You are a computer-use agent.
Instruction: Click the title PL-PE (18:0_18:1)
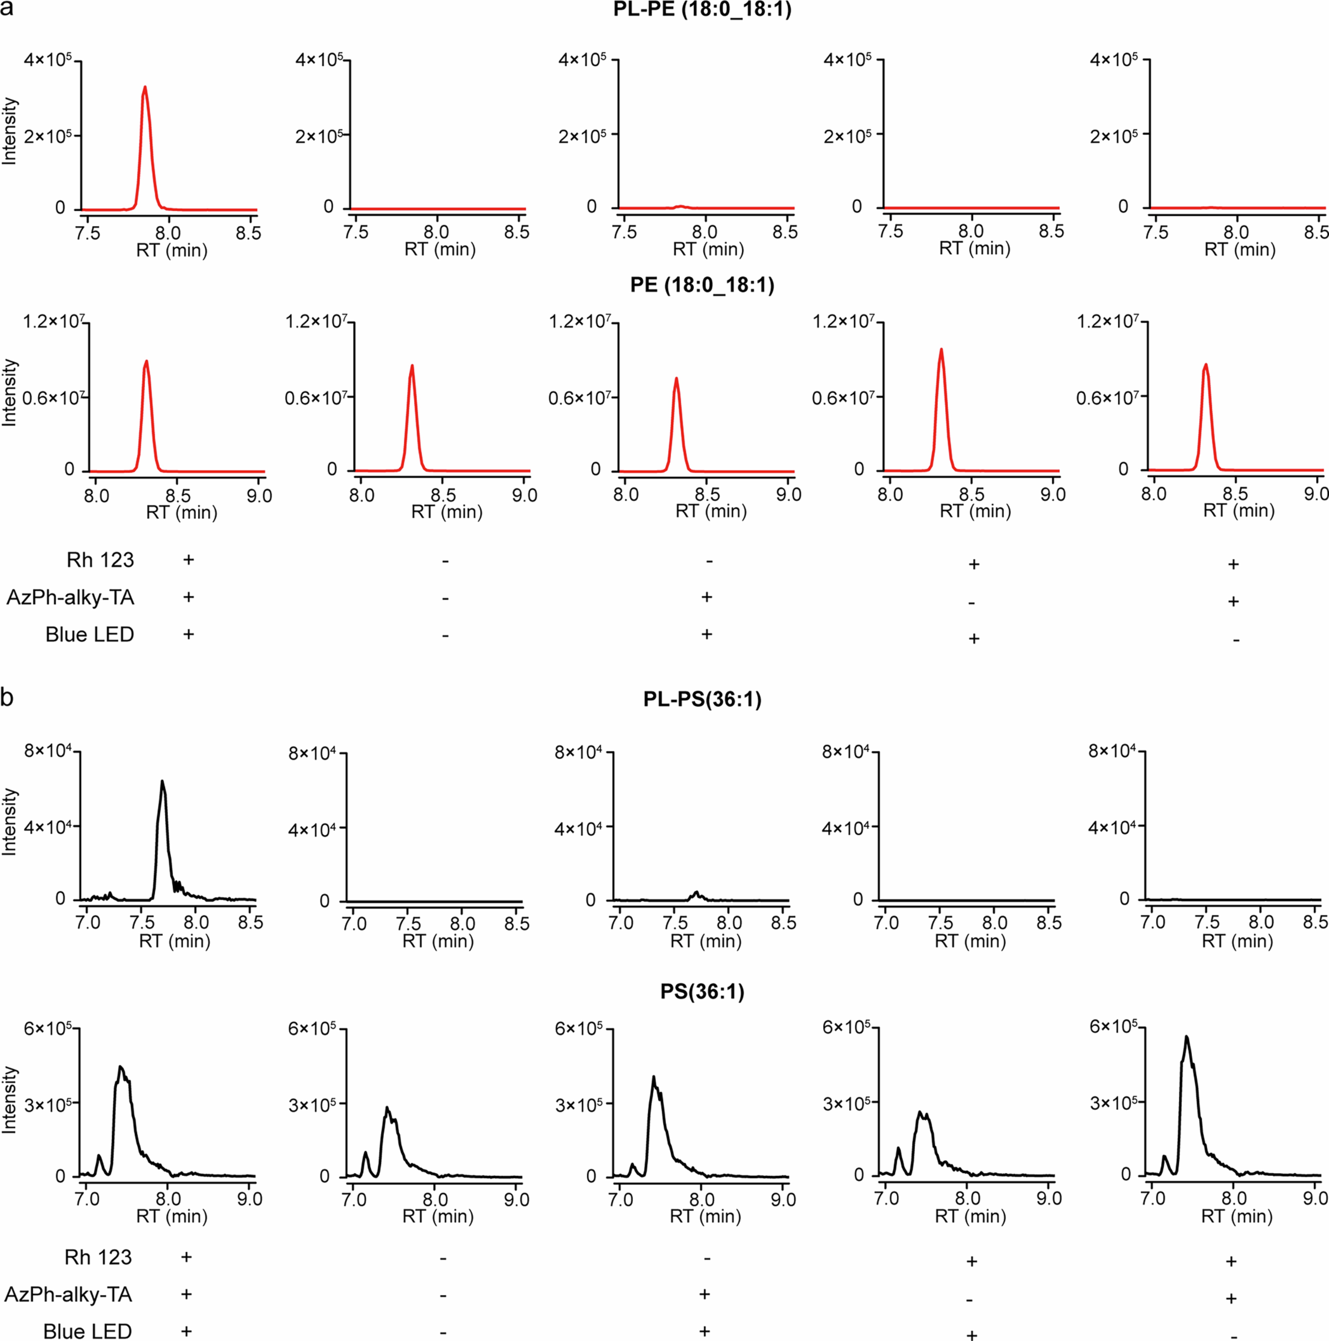(702, 11)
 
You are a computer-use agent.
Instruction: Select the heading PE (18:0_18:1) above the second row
(702, 285)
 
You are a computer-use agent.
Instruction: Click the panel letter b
(7, 697)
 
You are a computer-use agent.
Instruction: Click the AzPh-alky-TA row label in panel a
(70, 598)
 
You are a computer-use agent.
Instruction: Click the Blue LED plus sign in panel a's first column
(188, 634)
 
